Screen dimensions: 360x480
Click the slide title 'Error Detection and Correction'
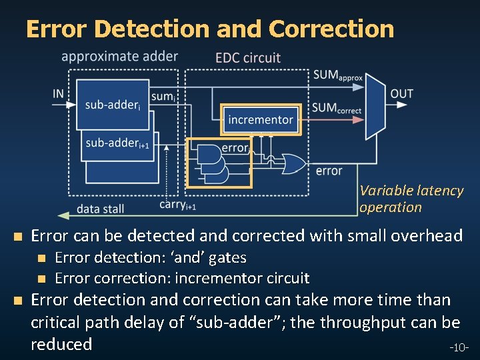[209, 29]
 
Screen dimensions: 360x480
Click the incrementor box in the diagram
[261, 120]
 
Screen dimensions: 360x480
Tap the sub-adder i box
[113, 105]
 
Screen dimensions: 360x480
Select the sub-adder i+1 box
[117, 143]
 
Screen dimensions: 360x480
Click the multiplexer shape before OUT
[375, 107]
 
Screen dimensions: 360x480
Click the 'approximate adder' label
[119, 57]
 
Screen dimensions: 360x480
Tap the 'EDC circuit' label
[248, 58]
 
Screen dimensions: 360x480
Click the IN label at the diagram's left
[59, 94]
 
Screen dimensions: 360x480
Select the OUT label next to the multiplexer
[401, 94]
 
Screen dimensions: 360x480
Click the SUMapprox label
[337, 75]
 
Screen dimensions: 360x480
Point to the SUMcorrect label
[337, 108]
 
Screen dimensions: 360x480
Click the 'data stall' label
[100, 209]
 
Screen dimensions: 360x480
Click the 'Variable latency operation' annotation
[411, 199]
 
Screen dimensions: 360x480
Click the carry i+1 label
[177, 205]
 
